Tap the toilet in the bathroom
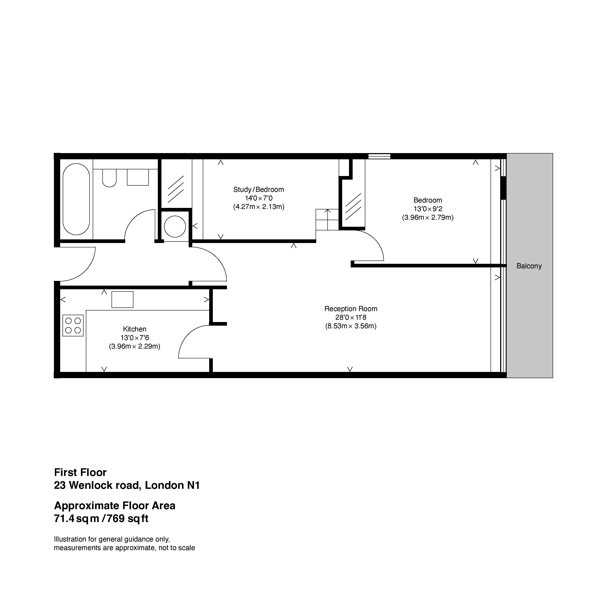point(109,178)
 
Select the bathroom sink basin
point(138,177)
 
